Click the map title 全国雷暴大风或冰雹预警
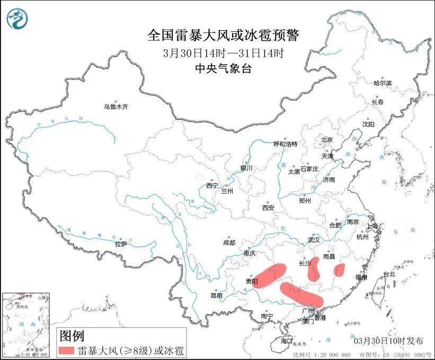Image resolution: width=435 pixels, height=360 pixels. tap(223, 36)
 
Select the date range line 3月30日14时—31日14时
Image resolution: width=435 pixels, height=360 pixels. tap(223, 53)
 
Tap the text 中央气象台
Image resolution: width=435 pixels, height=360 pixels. tap(223, 68)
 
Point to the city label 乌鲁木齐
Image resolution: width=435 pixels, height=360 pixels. tap(116, 107)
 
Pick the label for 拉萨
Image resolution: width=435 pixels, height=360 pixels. tap(121, 244)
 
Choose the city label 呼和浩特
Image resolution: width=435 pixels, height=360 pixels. tap(286, 144)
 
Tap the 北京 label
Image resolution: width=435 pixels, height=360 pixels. tap(326, 140)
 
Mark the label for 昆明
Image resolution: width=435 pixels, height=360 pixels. tap(217, 295)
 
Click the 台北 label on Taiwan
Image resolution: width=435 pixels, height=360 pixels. tap(389, 274)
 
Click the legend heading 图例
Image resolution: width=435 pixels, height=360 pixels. tap(72, 336)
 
